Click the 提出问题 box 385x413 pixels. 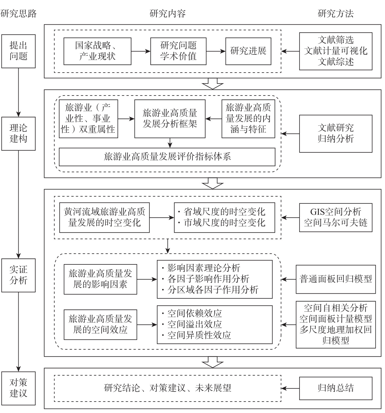click(18, 51)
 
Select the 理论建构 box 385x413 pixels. click(18, 134)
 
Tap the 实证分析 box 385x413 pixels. click(18, 275)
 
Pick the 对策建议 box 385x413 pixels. click(18, 388)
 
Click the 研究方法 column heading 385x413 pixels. click(335, 13)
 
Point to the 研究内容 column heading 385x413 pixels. click(168, 13)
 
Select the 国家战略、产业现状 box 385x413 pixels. click(97, 51)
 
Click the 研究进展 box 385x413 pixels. click(248, 51)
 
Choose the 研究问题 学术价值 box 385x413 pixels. click(178, 51)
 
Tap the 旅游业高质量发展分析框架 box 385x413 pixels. click(170, 119)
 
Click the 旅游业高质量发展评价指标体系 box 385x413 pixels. click(167, 157)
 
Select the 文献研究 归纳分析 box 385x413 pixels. click(335, 134)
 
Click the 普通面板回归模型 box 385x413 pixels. click(335, 279)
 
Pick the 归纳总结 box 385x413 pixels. click(335, 388)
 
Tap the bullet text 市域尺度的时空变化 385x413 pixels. click(224, 223)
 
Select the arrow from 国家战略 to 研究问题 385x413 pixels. click(141, 51)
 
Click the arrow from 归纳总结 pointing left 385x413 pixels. click(290, 388)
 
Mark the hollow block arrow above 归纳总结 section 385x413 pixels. click(212, 362)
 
